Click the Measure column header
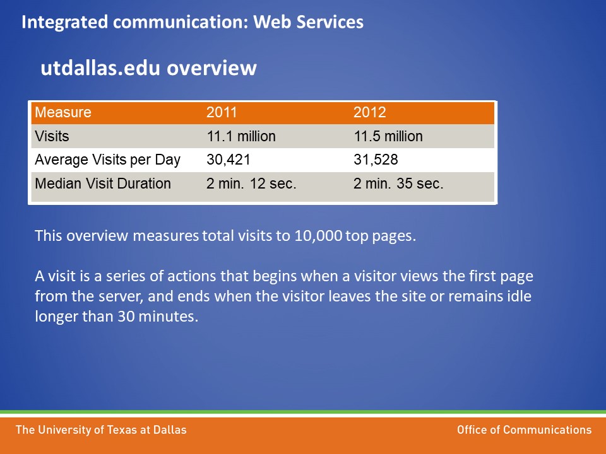[x=63, y=112]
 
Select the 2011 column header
[x=222, y=112]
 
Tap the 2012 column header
[x=369, y=112]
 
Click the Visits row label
[x=52, y=136]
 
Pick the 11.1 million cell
[x=241, y=136]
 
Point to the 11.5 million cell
[x=388, y=136]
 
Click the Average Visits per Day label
[x=107, y=160]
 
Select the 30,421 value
[x=229, y=160]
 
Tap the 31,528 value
[x=376, y=160]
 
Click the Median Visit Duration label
[x=103, y=183]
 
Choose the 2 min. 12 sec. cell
[x=251, y=183]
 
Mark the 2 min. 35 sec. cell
[x=398, y=183]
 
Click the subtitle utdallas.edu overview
[x=149, y=68]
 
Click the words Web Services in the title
[x=309, y=22]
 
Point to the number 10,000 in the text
[x=318, y=235]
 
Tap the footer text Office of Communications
[x=524, y=429]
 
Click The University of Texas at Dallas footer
[x=101, y=430]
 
